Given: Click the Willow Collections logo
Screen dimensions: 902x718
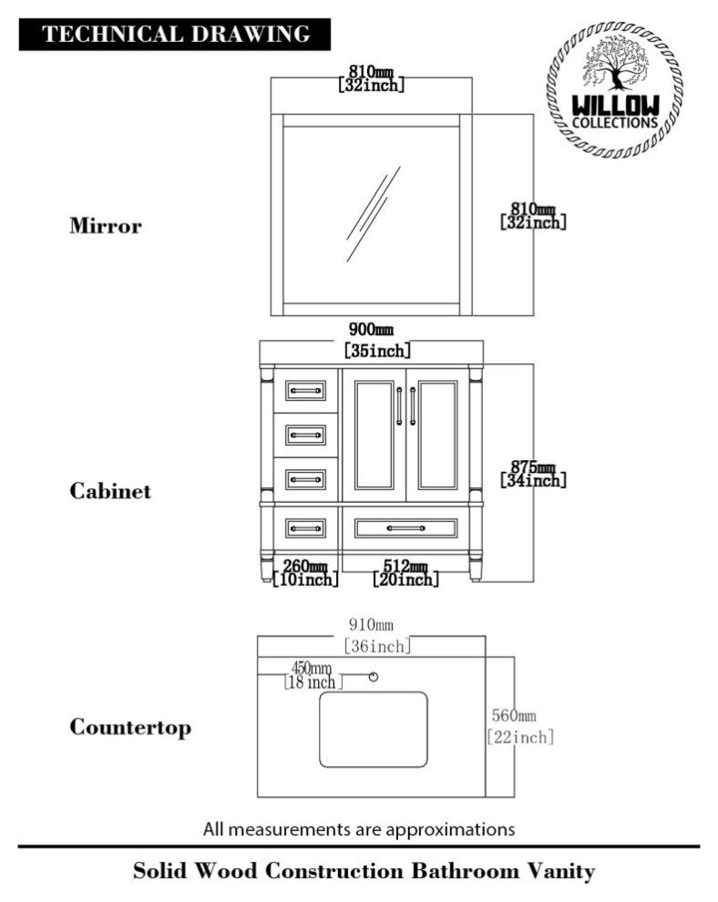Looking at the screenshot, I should point(614,90).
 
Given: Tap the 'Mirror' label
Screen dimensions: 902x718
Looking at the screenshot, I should point(106,225).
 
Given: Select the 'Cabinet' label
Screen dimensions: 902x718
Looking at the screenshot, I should point(110,491).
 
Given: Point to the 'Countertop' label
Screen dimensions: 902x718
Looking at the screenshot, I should point(130,728).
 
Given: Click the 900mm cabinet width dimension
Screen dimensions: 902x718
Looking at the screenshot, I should point(376,339).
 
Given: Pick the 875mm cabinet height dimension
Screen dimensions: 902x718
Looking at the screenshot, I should point(533,473).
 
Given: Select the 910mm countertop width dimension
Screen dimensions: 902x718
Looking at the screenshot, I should point(376,635).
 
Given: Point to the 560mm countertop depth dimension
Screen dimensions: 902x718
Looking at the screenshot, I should point(519,725).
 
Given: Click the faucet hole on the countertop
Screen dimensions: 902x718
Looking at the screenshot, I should point(372,676).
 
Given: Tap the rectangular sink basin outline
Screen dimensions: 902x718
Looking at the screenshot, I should point(374,729).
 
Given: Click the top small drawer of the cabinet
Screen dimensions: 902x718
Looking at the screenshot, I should point(305,391).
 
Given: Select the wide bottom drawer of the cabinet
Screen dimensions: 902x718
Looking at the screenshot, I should point(405,528).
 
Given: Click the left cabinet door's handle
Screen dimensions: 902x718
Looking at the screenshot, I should point(400,405).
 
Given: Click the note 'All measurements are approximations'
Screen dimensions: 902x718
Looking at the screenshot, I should point(359,829).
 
